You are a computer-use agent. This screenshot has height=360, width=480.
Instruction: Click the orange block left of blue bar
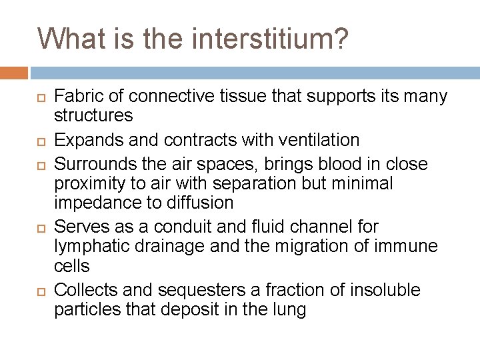pyautogui.click(x=14, y=72)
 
